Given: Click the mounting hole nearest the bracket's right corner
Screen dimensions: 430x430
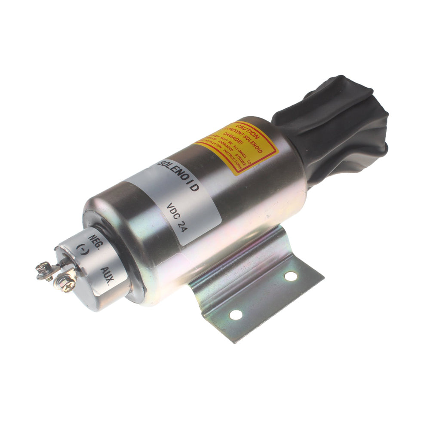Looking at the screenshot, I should click(x=291, y=276).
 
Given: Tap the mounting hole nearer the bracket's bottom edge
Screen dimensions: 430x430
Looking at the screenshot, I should click(x=236, y=315).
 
